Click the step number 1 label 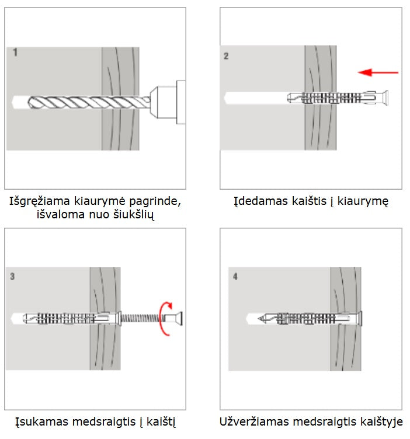click(x=15, y=53)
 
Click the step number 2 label click(x=227, y=56)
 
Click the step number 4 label click(x=235, y=276)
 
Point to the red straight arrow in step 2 click(x=378, y=72)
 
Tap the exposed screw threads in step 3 click(x=143, y=319)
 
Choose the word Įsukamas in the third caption click(x=40, y=421)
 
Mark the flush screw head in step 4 click(x=362, y=319)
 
